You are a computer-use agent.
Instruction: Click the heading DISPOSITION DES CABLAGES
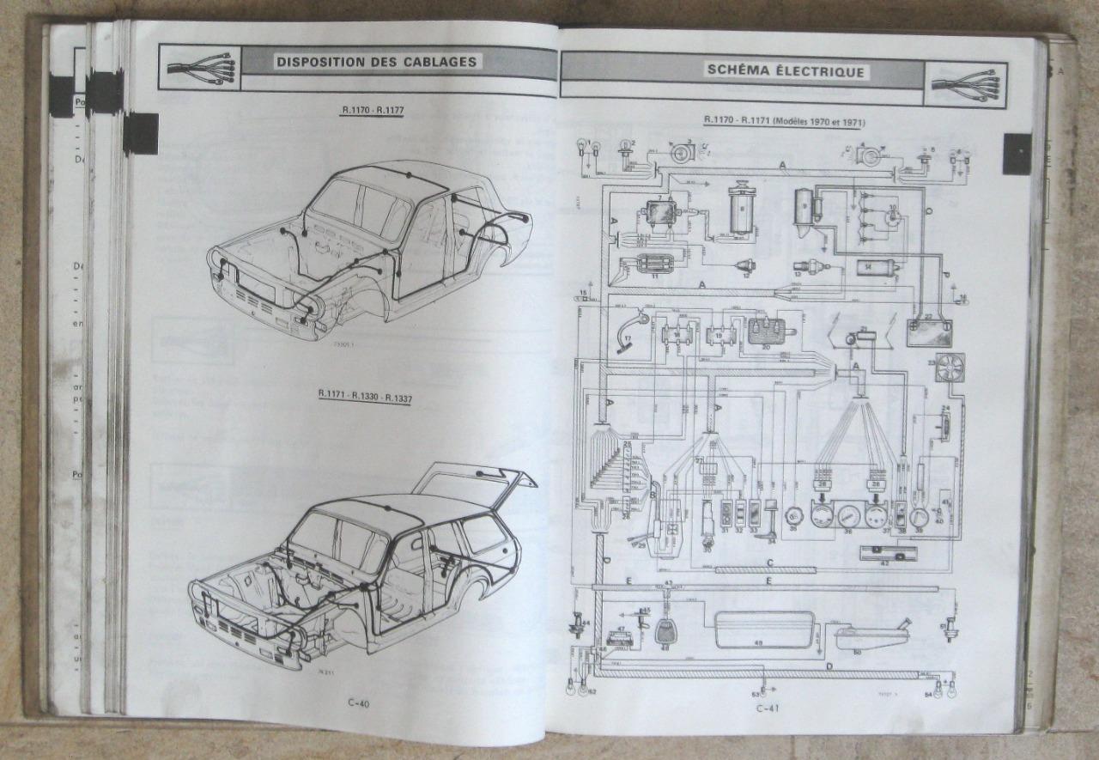click(x=376, y=62)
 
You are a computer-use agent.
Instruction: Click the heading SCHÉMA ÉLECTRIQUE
click(x=785, y=71)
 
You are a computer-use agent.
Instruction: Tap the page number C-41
click(x=767, y=708)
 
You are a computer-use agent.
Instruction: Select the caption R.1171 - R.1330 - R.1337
click(x=363, y=394)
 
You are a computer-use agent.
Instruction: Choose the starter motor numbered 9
click(x=808, y=208)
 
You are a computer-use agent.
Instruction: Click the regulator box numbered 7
click(x=661, y=215)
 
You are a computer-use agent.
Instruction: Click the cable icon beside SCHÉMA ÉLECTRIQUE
click(x=965, y=84)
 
